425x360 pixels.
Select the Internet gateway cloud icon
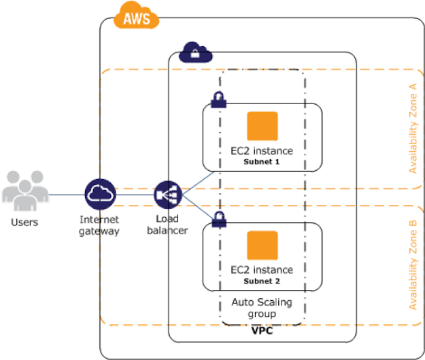coord(100,195)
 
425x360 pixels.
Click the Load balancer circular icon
coord(167,195)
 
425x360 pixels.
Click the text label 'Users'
coord(24,222)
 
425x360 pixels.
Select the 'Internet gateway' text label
coord(99,225)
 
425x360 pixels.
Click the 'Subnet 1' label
coord(262,163)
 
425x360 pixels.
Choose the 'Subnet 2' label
coord(262,281)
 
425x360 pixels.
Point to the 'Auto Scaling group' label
coord(262,307)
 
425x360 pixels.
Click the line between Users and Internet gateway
coord(65,195)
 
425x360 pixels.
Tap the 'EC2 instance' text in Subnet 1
coord(262,152)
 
